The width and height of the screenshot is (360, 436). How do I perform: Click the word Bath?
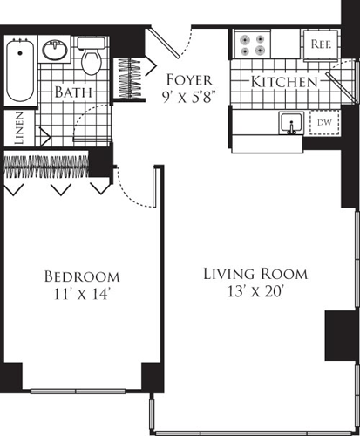coord(73,92)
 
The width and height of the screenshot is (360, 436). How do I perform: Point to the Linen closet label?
coord(18,128)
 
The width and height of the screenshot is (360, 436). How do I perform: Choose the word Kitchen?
coord(284,82)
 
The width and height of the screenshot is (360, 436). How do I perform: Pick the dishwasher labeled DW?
coord(323,124)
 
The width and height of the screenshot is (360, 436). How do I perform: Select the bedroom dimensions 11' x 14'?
coord(79,294)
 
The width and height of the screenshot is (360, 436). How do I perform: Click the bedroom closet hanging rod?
coord(51,162)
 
